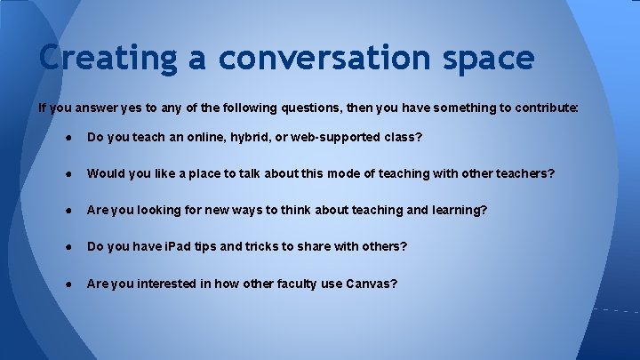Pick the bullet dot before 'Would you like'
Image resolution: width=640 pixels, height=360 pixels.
tap(68, 174)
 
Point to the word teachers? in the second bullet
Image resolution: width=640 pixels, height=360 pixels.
tap(524, 174)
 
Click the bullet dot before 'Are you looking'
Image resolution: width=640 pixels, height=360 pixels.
tap(68, 211)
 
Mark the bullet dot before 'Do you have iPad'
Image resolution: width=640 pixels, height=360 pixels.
tap(68, 246)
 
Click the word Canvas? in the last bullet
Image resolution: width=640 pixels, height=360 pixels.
tap(372, 284)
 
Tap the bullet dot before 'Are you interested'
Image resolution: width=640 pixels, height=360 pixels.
tap(68, 284)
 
